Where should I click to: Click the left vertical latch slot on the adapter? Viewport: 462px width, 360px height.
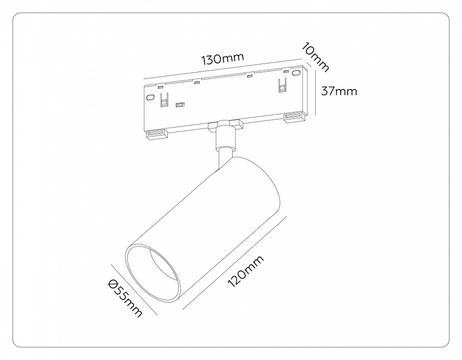click(x=163, y=101)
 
